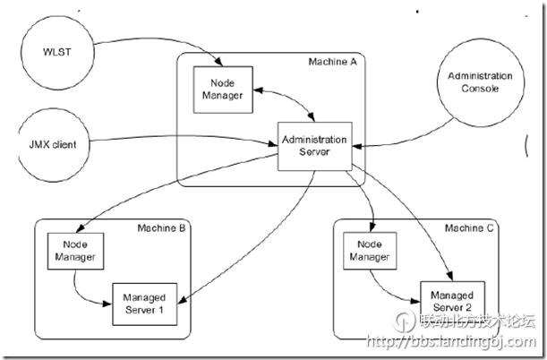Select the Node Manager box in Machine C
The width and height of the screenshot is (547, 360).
click(368, 251)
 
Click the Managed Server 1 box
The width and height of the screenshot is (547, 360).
click(144, 302)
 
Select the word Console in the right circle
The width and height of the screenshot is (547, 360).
click(480, 90)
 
